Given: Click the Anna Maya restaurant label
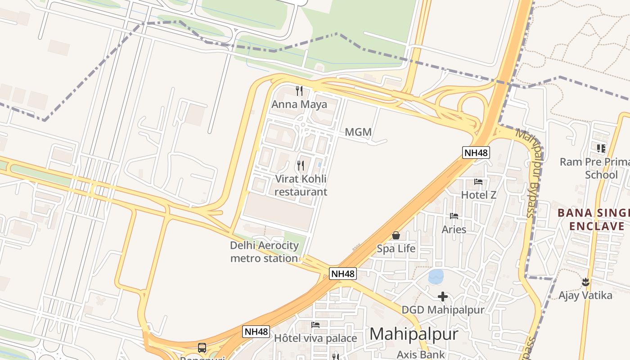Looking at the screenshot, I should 299,104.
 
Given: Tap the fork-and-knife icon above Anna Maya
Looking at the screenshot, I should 299,91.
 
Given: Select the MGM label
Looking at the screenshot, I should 358,132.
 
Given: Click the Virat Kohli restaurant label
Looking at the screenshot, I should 301,185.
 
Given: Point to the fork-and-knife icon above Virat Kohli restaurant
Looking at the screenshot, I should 301,166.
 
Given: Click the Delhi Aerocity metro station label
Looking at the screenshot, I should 264,252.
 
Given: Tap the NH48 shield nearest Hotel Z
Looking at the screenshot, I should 476,153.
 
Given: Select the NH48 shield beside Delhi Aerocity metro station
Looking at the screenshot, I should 342,273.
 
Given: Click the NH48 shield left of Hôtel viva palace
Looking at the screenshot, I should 256,332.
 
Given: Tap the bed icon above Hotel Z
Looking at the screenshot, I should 478,182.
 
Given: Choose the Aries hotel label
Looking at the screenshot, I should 454,229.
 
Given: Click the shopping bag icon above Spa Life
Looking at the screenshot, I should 396,235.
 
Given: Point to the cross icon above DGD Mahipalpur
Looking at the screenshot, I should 443,297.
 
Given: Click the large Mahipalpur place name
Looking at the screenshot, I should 414,334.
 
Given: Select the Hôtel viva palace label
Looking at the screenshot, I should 315,338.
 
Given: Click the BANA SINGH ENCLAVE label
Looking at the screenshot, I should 593,219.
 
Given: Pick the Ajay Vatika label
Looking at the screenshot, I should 585,295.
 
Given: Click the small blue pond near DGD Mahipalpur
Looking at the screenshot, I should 436,276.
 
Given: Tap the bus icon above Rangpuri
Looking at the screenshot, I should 202,347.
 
